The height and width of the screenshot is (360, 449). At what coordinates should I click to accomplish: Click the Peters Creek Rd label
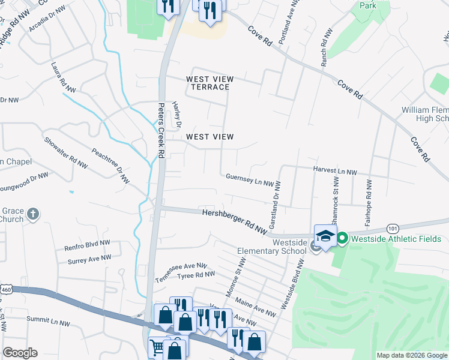point(161,130)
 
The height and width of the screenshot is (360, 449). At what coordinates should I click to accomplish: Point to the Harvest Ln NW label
point(335,172)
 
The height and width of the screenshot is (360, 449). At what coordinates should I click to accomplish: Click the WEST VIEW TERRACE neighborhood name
point(209,83)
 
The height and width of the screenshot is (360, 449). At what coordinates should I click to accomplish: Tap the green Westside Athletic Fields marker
point(342,239)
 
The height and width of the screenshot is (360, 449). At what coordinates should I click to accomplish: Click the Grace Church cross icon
point(34,214)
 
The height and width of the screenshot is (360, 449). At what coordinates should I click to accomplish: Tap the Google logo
point(20,352)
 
